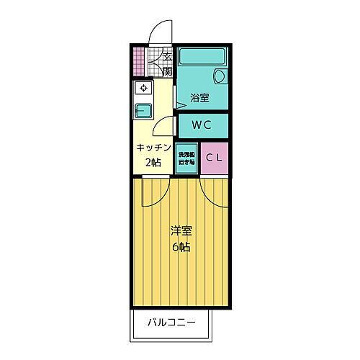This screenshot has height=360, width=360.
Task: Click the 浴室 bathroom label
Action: coord(199,97)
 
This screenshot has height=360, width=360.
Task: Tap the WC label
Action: coord(202,125)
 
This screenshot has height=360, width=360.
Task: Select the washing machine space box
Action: coord(186,159)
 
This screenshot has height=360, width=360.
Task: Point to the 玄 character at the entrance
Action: coord(166,57)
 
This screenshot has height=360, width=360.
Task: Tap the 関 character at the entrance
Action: coord(166,71)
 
